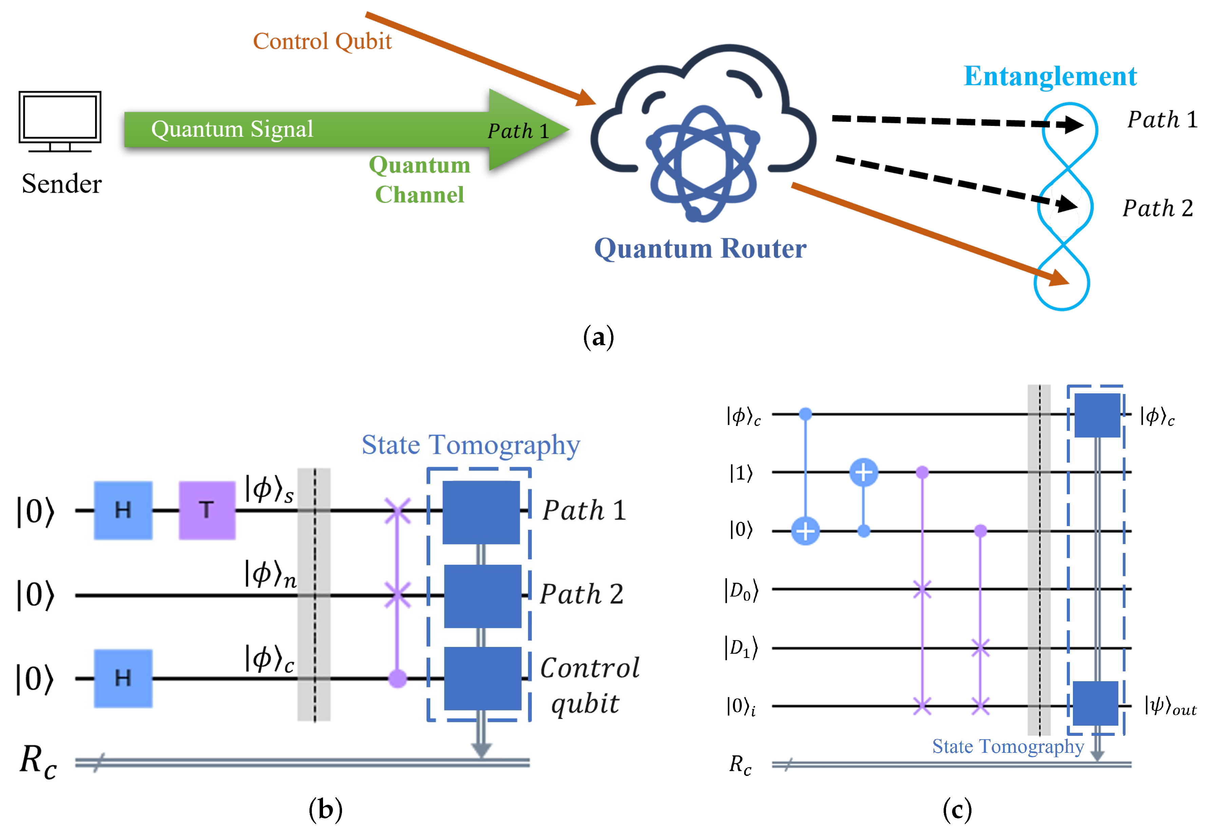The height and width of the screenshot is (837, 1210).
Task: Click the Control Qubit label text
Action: [x=322, y=41]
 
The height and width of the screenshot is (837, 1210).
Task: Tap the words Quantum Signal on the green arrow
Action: [x=232, y=129]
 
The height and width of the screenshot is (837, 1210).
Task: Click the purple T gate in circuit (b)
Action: [x=207, y=510]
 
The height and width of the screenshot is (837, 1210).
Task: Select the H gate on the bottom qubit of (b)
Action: [x=123, y=678]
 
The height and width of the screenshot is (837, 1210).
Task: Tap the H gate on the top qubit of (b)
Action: [x=123, y=510]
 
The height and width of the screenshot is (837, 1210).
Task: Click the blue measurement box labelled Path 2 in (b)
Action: [x=482, y=595]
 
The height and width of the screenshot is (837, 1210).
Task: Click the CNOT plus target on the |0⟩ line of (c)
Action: [x=805, y=531]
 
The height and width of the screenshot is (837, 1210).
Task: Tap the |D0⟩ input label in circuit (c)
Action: [x=741, y=591]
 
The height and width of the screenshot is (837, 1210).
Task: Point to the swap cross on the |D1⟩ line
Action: [x=979, y=648]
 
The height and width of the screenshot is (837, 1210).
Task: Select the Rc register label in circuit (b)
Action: [x=38, y=762]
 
